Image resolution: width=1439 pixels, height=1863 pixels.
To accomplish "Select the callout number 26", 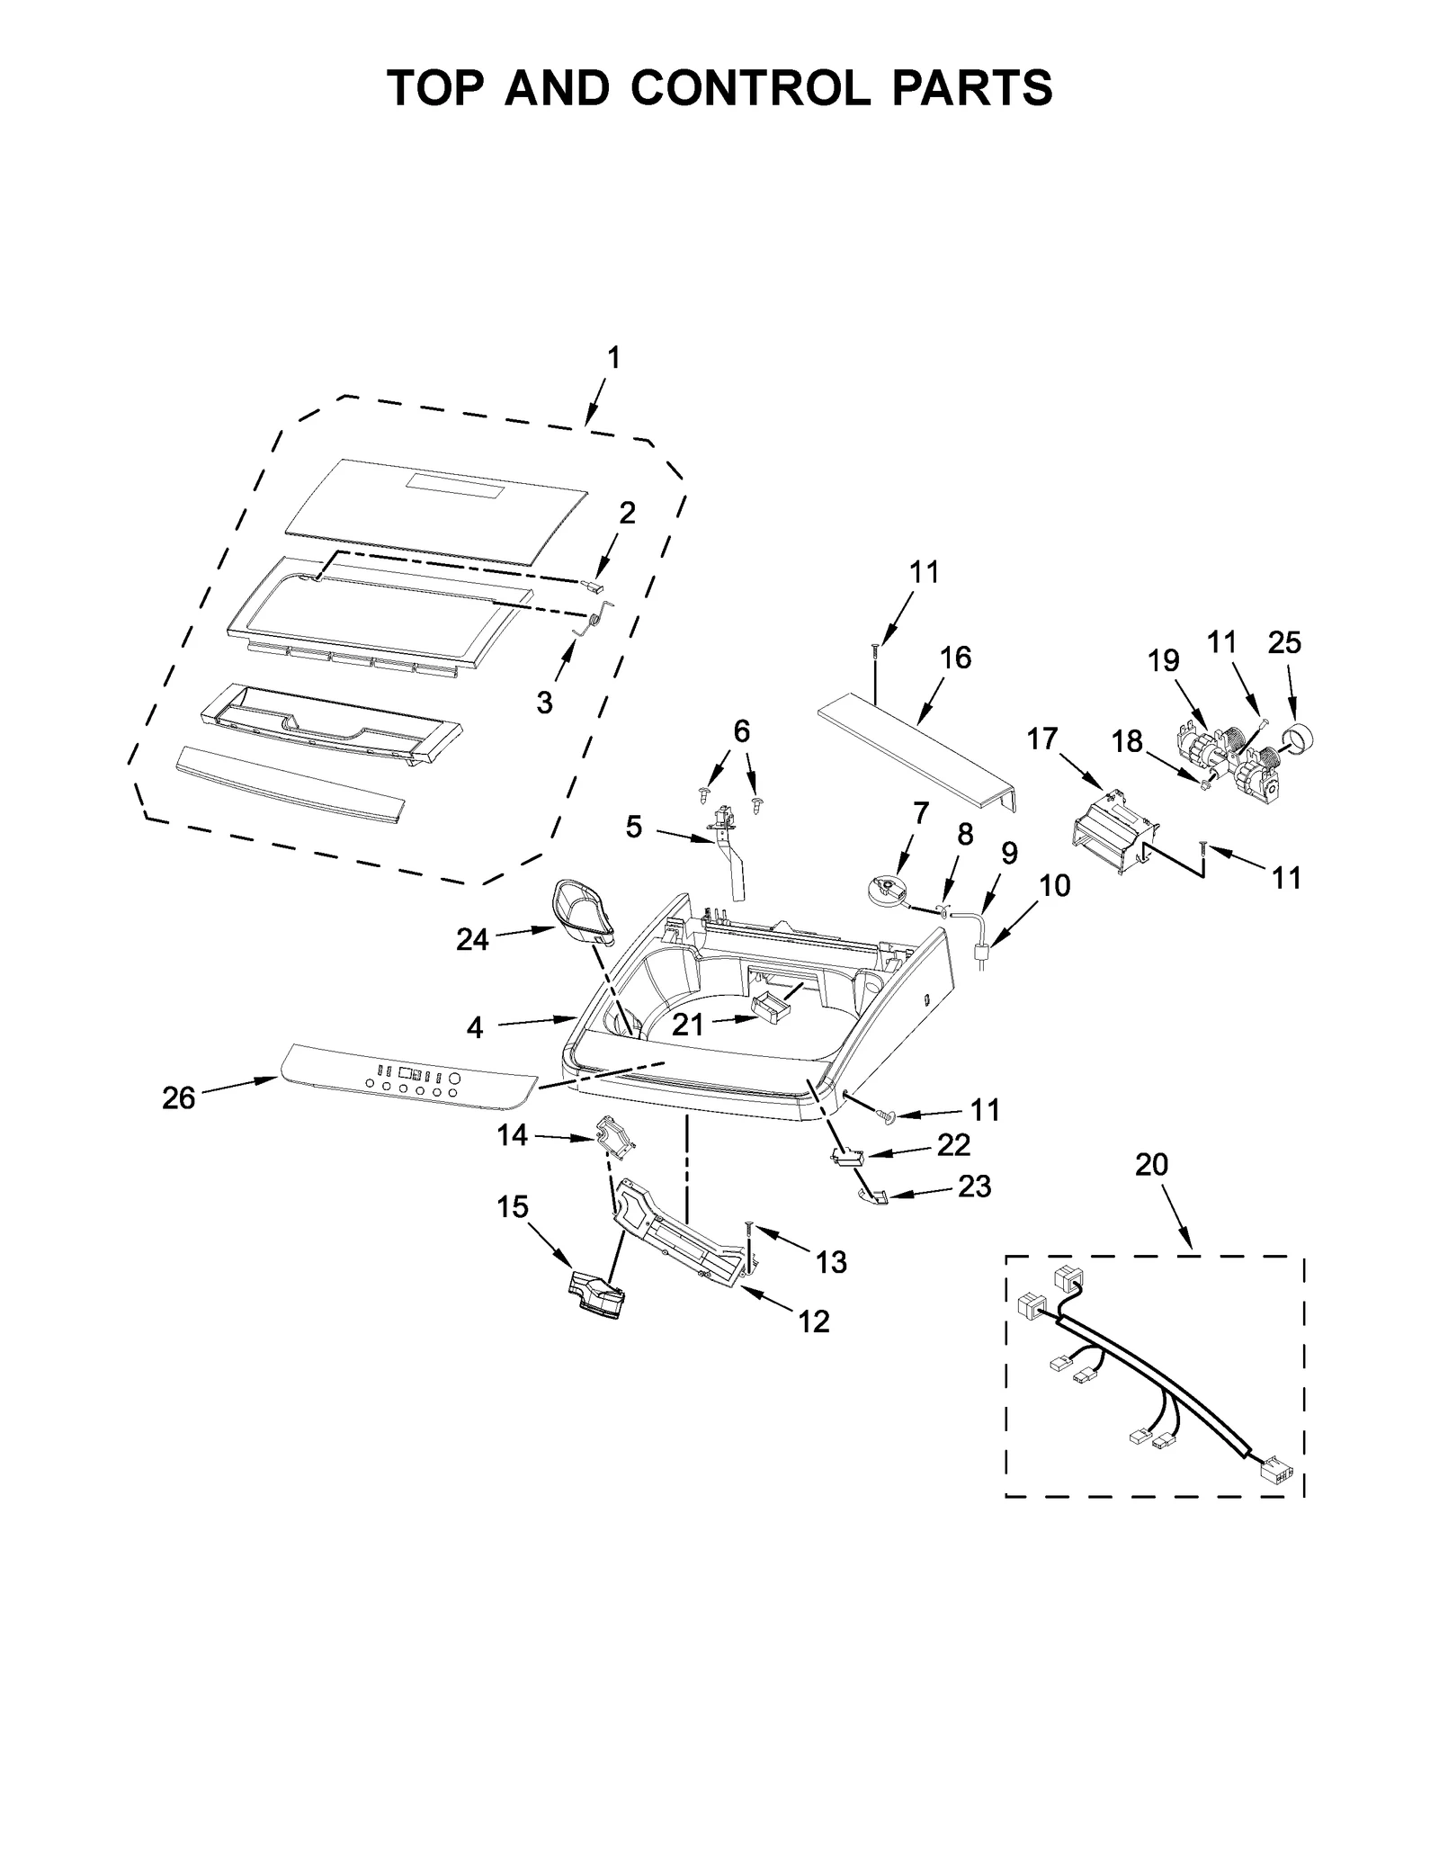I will point(179,1098).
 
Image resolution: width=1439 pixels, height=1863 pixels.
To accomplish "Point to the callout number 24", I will point(472,940).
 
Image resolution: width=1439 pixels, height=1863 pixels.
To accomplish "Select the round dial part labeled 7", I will point(883,890).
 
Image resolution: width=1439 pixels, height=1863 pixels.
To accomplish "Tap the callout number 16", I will point(955,658).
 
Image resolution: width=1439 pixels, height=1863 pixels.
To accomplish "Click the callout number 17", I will point(1042,739).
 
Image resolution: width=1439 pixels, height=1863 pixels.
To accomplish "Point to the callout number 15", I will point(513,1207).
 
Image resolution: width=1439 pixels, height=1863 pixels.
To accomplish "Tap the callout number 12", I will point(814,1321).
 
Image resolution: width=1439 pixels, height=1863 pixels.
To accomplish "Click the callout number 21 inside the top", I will point(688,1025).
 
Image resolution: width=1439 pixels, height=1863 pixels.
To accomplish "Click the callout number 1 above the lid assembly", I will point(612,358).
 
